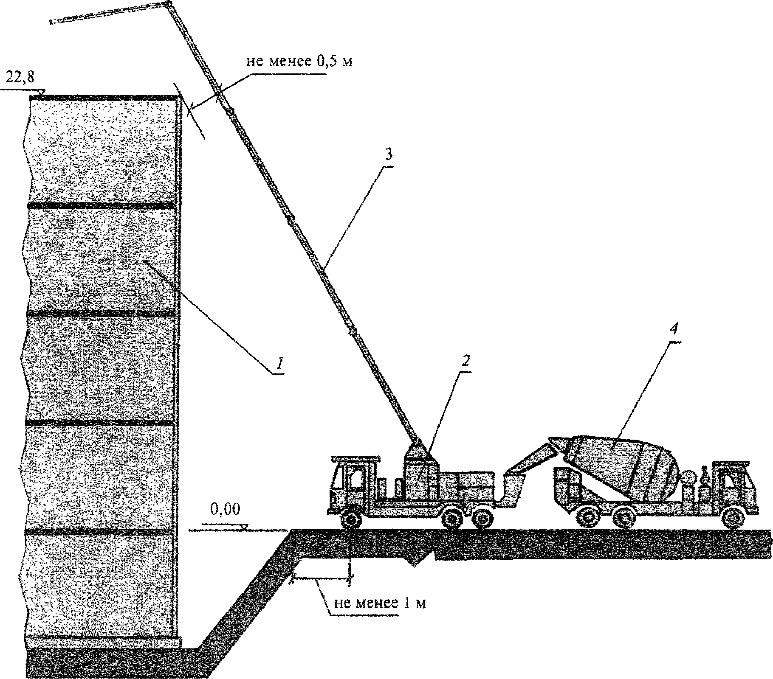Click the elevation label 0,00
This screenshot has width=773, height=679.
point(225,508)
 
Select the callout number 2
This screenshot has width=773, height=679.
point(466,361)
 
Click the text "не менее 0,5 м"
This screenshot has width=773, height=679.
point(299,62)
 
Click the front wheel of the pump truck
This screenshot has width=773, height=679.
point(352,519)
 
